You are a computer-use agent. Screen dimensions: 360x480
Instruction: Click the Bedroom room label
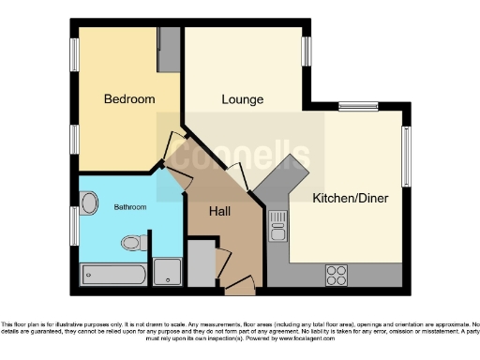129,98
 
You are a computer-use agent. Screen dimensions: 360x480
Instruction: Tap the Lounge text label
242,99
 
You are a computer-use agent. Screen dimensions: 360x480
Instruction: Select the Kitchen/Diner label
350,199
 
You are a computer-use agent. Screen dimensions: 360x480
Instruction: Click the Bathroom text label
130,206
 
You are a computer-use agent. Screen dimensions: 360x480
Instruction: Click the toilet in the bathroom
133,243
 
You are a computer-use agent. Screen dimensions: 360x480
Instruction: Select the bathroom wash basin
90,203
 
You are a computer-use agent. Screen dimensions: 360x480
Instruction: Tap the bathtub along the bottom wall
114,274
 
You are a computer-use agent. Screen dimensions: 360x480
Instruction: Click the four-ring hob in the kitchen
337,275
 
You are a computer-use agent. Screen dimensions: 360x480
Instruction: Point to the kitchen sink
277,226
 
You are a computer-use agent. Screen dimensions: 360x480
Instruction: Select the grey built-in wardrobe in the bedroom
170,48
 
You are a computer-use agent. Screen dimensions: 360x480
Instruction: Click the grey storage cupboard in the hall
202,263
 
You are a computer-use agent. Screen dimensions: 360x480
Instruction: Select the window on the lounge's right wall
306,48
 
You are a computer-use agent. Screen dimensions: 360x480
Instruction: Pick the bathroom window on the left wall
75,226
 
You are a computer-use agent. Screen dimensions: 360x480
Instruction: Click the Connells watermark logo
247,155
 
